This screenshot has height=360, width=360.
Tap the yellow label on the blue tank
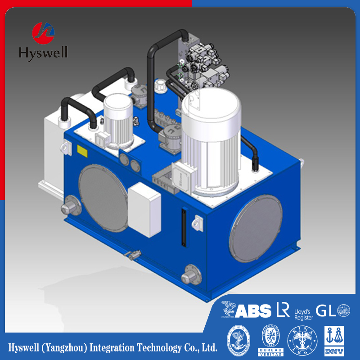[x=82, y=150]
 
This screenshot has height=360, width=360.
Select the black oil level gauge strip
[x=183, y=227]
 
